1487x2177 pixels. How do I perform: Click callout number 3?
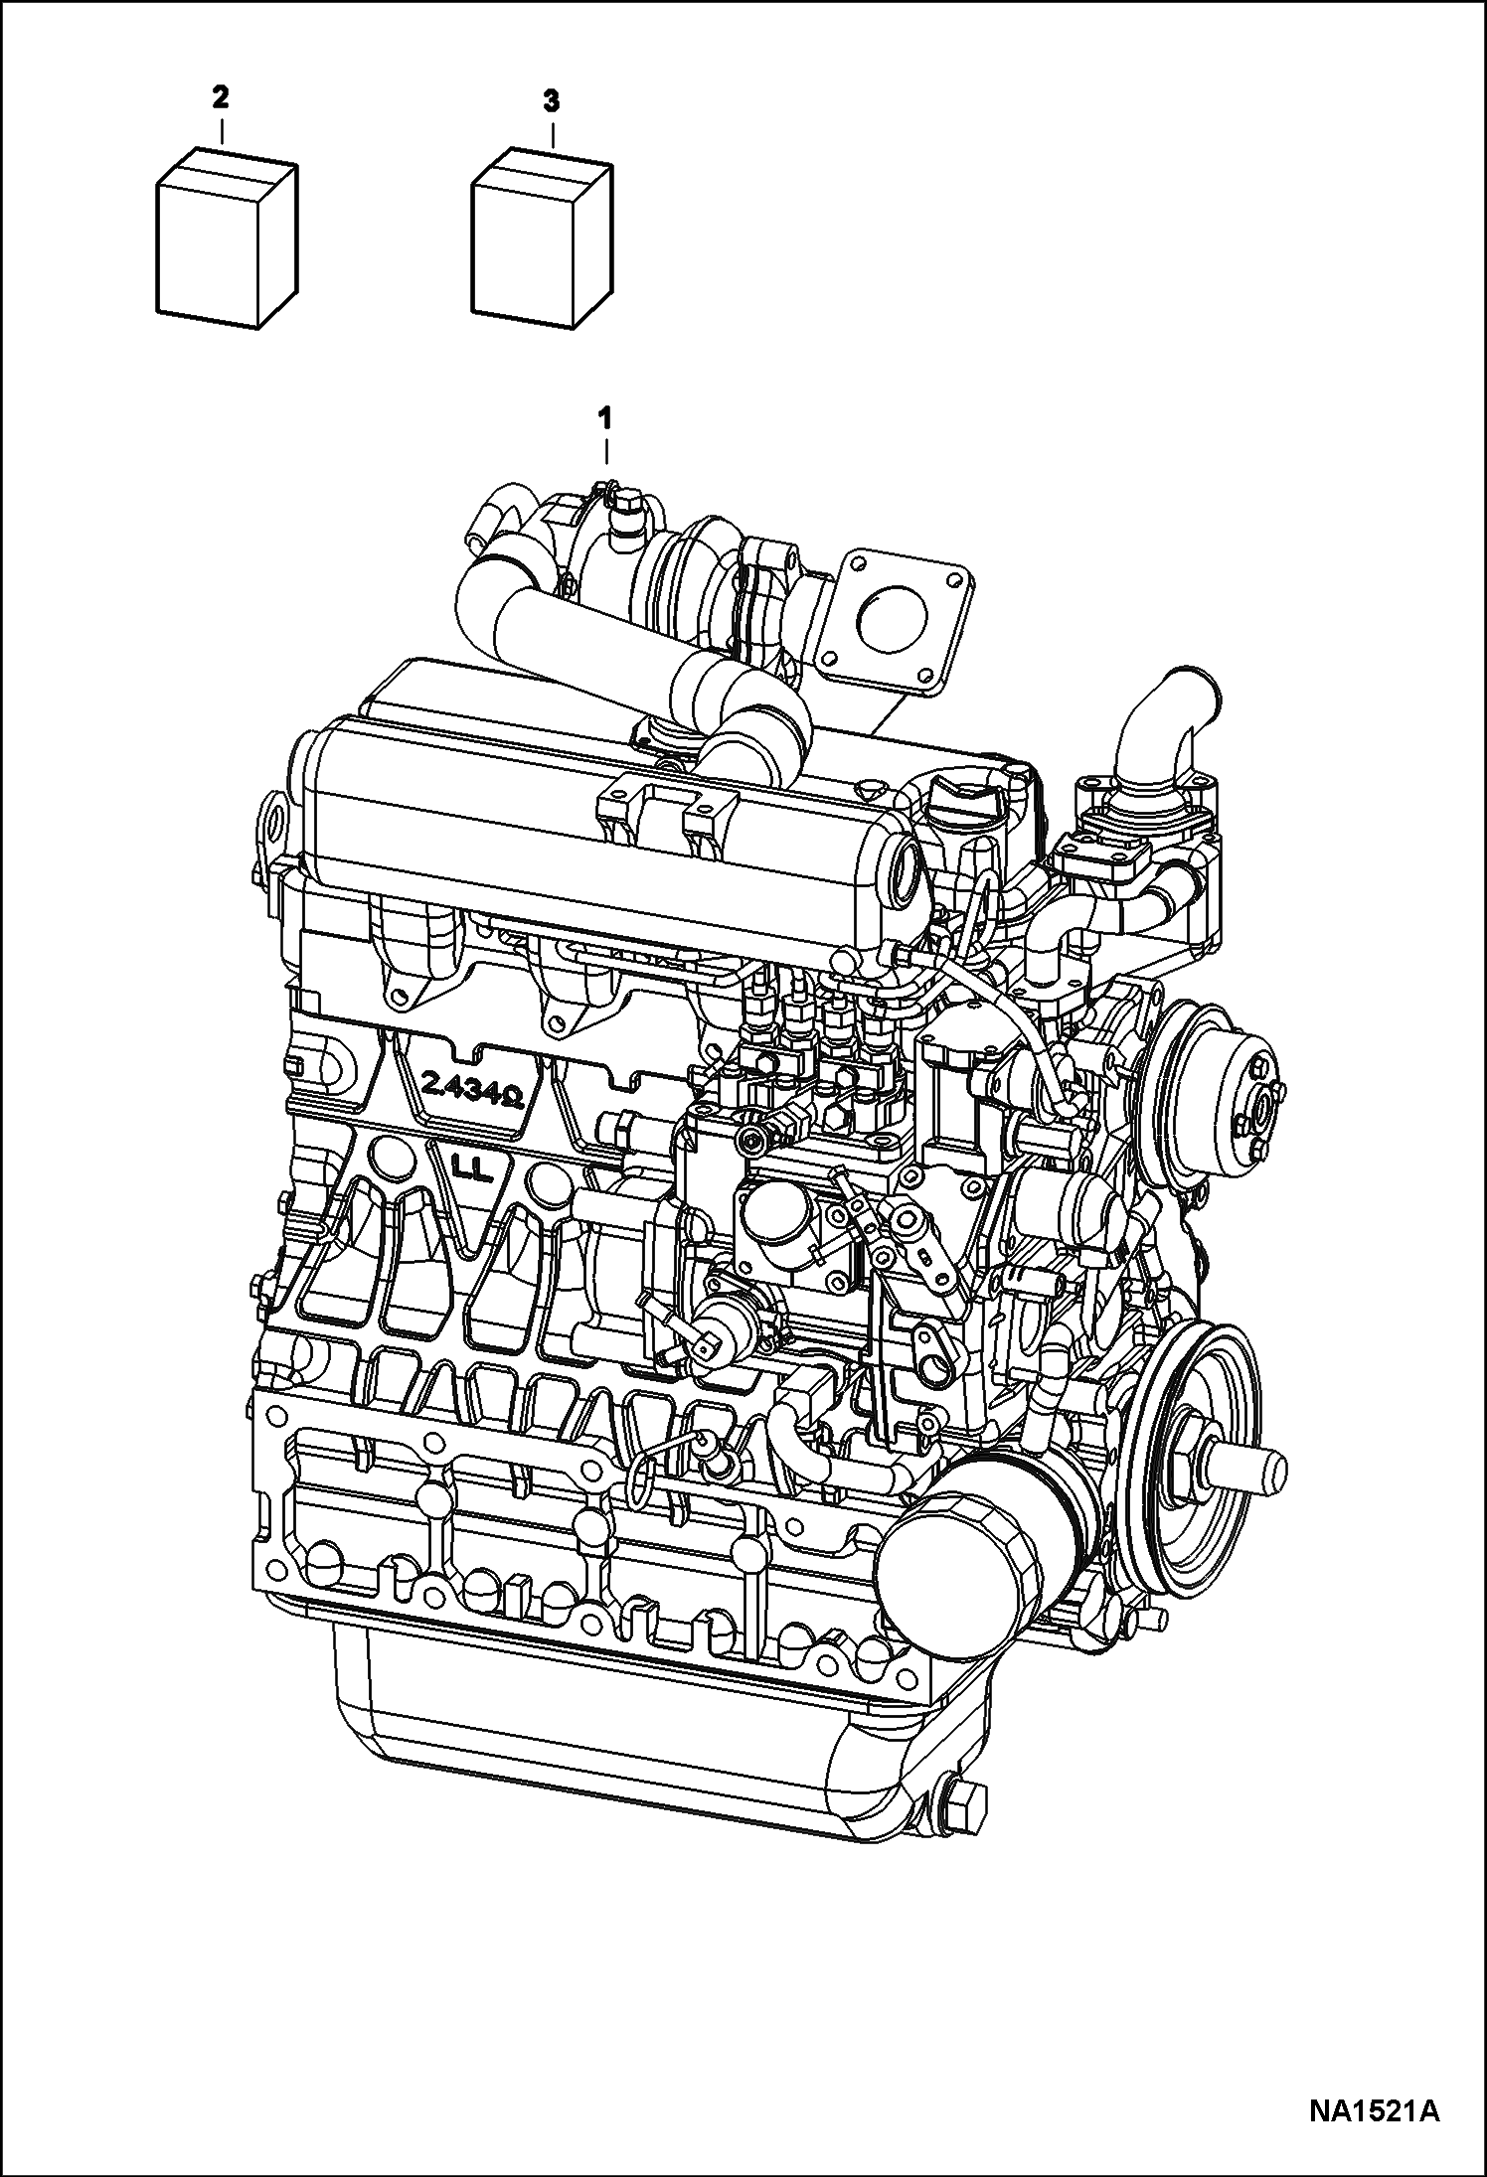pos(552,100)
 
